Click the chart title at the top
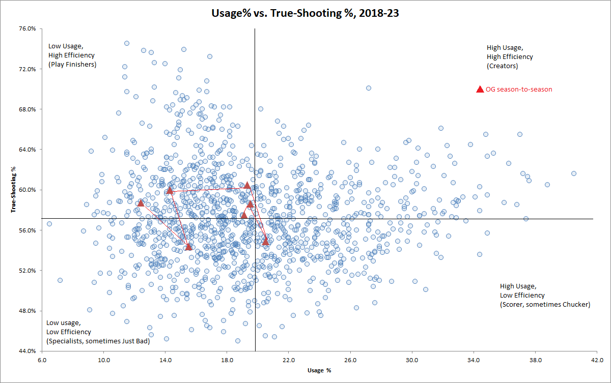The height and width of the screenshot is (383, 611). coord(305,14)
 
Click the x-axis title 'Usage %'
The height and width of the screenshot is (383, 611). coord(319,370)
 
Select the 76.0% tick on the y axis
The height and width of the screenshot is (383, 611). coord(26,28)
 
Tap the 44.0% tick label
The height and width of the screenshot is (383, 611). coord(26,351)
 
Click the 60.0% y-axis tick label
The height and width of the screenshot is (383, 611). coord(26,190)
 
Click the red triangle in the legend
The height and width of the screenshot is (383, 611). coord(480,90)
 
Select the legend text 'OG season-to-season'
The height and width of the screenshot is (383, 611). coord(519,90)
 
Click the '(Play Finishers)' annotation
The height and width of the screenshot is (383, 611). coord(72,64)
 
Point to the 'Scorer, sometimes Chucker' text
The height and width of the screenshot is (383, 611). coord(545,305)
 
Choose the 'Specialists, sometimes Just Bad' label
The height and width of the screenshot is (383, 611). coord(98,341)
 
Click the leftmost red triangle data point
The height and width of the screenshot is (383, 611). coord(141,203)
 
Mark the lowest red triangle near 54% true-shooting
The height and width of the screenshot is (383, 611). coord(188,247)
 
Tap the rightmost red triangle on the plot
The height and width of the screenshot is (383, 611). coord(265,241)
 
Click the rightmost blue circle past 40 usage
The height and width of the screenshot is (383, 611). coord(574,173)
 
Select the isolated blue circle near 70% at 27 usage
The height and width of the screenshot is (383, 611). coord(369,88)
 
